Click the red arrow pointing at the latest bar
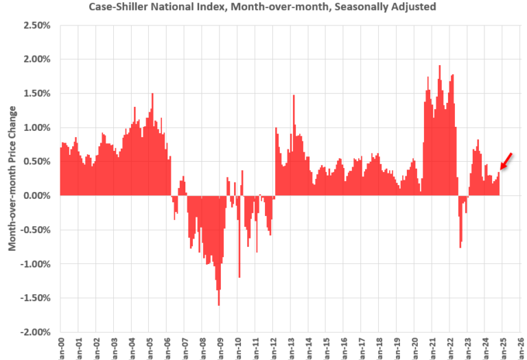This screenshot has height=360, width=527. tap(506, 161)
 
